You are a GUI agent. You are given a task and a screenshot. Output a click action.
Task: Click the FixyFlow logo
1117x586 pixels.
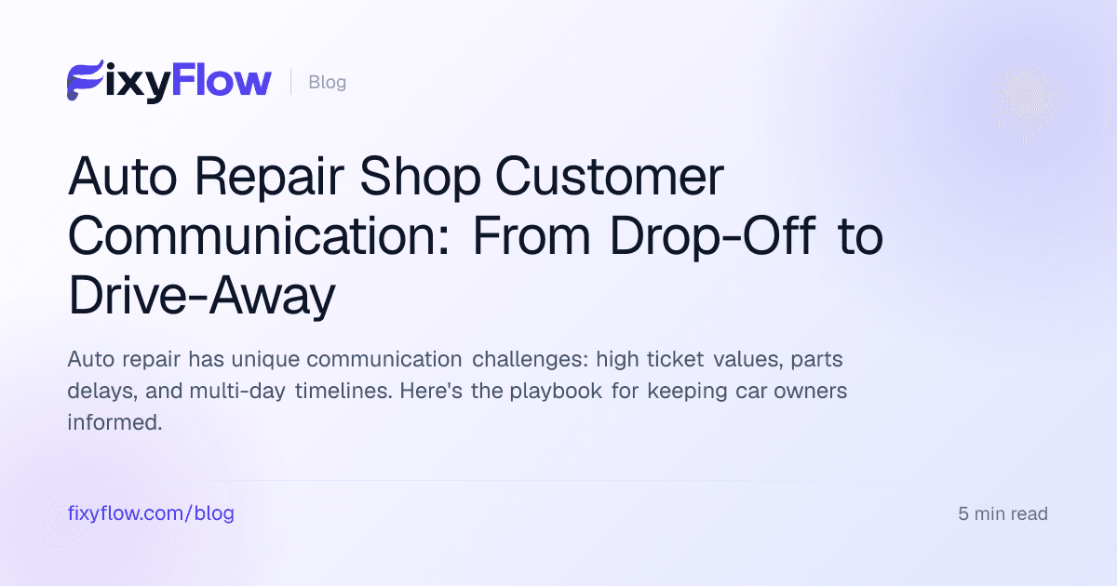(x=168, y=82)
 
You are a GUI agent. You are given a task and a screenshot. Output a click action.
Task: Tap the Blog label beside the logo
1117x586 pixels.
(x=327, y=82)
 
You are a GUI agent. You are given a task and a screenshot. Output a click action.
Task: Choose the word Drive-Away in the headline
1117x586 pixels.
(x=201, y=297)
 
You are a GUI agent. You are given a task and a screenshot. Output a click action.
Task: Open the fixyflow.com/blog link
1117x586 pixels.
(x=151, y=513)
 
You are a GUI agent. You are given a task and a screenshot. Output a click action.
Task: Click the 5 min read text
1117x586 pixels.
(x=1003, y=513)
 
